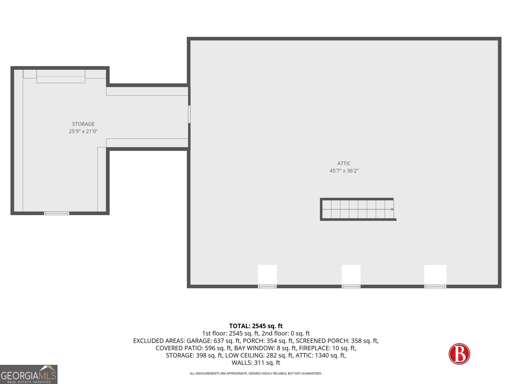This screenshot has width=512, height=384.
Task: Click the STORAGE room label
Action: (x=83, y=124)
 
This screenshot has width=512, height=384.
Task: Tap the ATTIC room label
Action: (x=344, y=164)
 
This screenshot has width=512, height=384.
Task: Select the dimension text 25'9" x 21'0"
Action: (x=83, y=131)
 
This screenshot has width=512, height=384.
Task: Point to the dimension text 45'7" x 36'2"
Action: (x=344, y=171)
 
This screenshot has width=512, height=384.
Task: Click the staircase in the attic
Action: (x=358, y=209)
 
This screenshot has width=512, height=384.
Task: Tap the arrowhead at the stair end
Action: (x=392, y=209)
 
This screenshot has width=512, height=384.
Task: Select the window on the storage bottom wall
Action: (x=57, y=213)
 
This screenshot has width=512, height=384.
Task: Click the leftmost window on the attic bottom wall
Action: (x=267, y=286)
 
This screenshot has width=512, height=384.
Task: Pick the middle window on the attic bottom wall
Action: (x=351, y=286)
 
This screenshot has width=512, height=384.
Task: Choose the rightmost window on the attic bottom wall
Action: (x=435, y=286)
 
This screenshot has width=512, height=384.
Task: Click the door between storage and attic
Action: (x=189, y=114)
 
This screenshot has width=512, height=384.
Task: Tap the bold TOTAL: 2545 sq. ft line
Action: (x=256, y=326)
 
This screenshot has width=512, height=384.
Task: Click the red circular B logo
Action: (x=459, y=354)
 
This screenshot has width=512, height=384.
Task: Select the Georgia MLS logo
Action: (x=29, y=374)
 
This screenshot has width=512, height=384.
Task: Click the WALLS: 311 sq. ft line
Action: (x=256, y=363)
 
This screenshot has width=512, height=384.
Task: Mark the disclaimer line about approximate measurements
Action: (x=256, y=373)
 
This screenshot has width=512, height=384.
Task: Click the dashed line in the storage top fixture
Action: (x=61, y=76)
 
